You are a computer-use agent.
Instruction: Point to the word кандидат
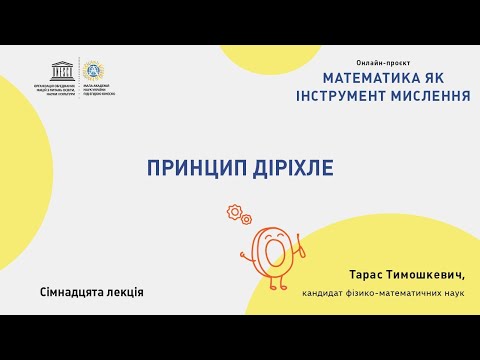click(x=324, y=293)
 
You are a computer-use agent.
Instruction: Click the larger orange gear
click(x=235, y=211)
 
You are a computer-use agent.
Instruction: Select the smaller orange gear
click(x=246, y=219)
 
